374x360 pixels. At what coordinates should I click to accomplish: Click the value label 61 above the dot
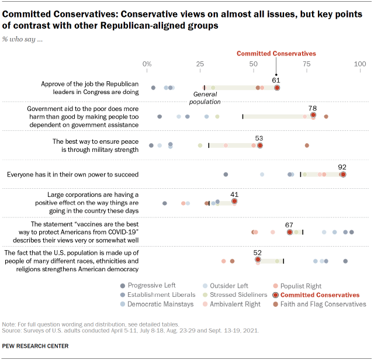[277, 79]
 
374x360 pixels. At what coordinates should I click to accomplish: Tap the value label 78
[313, 108]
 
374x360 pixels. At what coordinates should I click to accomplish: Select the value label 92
[342, 166]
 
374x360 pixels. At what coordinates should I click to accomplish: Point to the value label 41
[234, 193]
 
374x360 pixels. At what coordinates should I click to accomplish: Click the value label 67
[289, 224]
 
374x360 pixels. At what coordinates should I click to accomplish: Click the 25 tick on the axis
[200, 63]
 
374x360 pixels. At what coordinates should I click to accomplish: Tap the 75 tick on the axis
[306, 63]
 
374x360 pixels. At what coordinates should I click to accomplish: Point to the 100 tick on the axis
[359, 63]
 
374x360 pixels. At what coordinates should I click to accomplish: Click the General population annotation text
[205, 98]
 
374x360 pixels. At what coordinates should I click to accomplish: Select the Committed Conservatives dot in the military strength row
[260, 145]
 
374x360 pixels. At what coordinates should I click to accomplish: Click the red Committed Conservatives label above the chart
[276, 53]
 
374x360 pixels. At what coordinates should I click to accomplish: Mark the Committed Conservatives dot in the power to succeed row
[343, 174]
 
